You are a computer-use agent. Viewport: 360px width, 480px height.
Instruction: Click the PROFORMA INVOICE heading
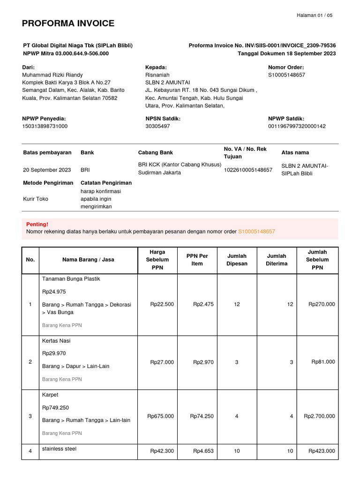pyautogui.click(x=68, y=23)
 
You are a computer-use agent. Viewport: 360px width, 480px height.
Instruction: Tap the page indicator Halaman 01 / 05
pyautogui.click(x=315, y=15)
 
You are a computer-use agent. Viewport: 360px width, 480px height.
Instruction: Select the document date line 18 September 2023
pyautogui.click(x=286, y=53)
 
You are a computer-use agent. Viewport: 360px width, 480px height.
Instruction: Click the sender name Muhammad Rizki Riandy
pyautogui.click(x=52, y=75)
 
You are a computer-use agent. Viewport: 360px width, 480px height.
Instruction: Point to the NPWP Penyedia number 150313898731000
pyautogui.click(x=45, y=126)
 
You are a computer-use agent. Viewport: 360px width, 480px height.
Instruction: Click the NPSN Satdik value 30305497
pyautogui.click(x=157, y=126)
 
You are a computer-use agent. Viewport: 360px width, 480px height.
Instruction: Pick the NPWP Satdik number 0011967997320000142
pyautogui.click(x=297, y=126)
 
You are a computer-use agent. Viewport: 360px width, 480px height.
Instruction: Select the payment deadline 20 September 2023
pyautogui.click(x=47, y=170)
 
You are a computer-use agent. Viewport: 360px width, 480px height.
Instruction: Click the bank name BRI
pyautogui.click(x=85, y=170)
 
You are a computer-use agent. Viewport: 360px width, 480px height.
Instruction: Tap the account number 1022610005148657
pyautogui.click(x=248, y=170)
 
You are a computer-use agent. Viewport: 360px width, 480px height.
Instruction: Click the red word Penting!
pyautogui.click(x=37, y=225)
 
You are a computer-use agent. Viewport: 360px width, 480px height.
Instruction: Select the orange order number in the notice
pyautogui.click(x=256, y=232)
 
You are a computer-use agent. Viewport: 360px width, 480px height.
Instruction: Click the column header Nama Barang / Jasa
pyautogui.click(x=88, y=260)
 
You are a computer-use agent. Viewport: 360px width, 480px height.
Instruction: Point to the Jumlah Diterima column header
pyautogui.click(x=277, y=260)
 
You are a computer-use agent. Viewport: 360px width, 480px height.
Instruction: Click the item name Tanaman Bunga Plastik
pyautogui.click(x=71, y=279)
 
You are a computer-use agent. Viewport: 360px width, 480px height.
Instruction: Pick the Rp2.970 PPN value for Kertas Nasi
pyautogui.click(x=203, y=362)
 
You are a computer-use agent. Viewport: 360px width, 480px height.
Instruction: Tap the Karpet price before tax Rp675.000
pyautogui.click(x=160, y=416)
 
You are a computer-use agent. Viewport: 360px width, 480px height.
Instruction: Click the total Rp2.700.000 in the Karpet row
pyautogui.click(x=319, y=416)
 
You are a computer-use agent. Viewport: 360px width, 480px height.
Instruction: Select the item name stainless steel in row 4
pyautogui.click(x=59, y=449)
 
